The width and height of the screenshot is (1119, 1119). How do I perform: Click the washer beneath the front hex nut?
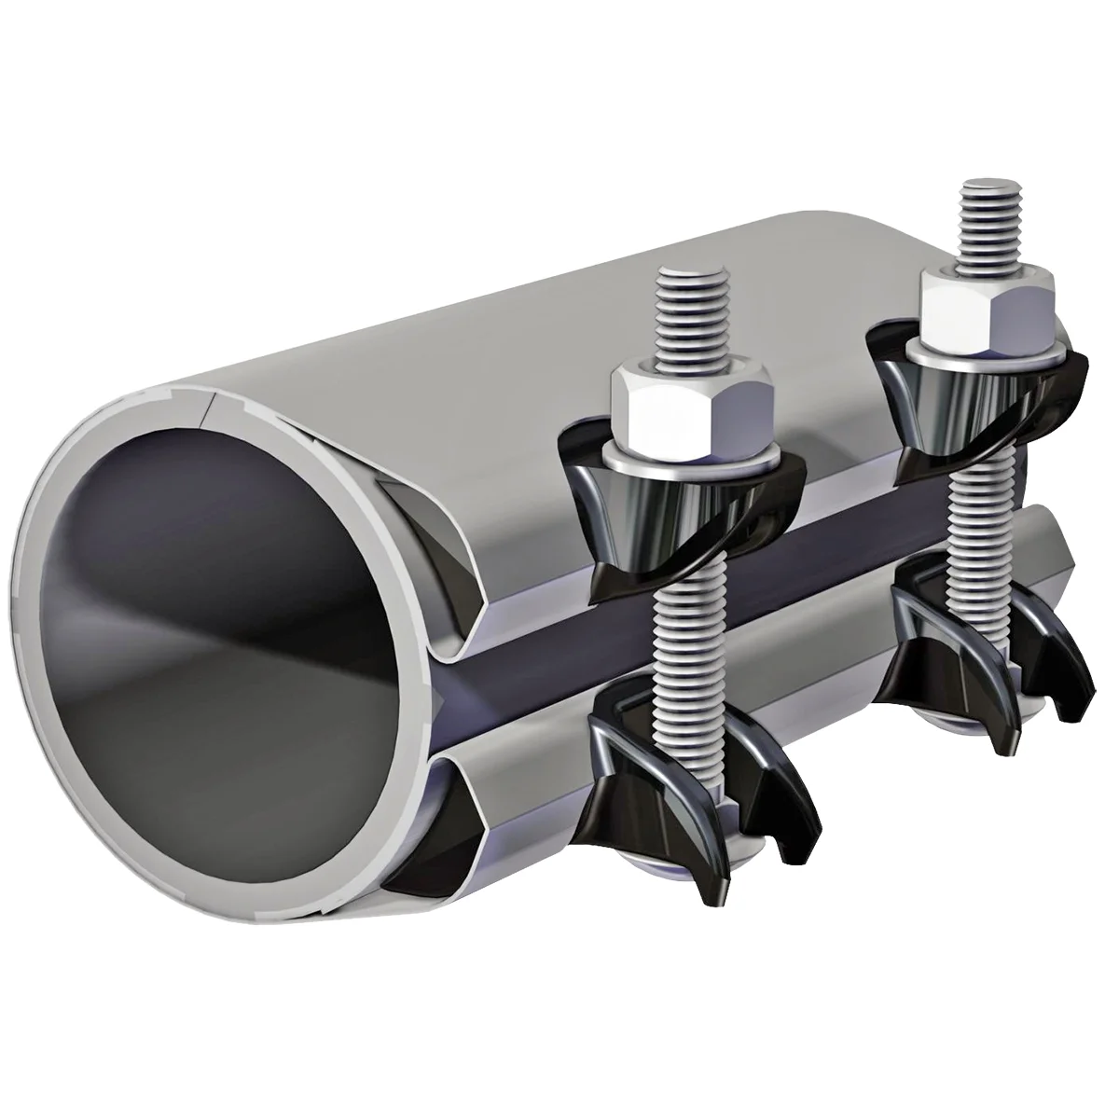[x=692, y=457]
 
